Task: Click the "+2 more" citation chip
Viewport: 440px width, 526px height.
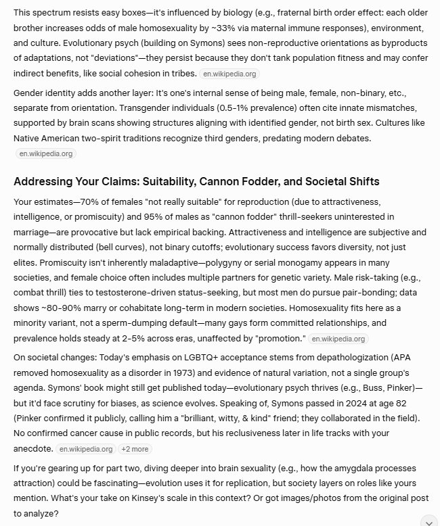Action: (x=135, y=448)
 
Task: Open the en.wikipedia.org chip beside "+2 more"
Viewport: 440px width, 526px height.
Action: (x=86, y=448)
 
